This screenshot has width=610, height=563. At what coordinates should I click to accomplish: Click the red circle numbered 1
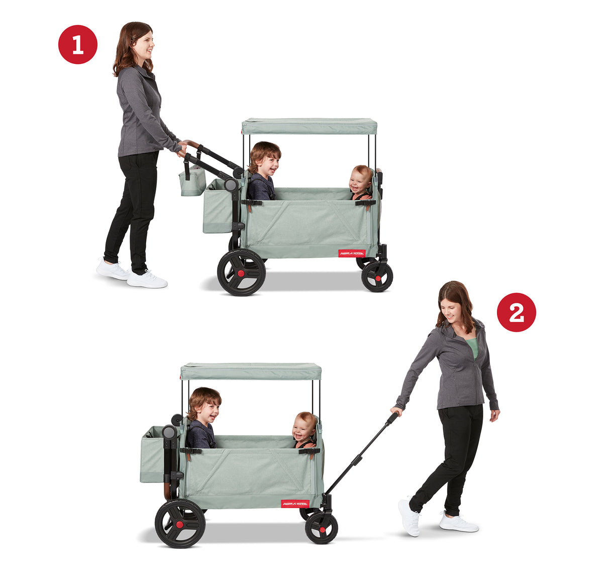pos(78,45)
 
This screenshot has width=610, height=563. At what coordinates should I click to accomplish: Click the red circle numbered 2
pos(516,312)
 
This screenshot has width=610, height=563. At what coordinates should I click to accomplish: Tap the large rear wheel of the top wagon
pos(241,272)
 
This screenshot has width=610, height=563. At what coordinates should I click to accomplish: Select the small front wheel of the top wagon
pos(377,276)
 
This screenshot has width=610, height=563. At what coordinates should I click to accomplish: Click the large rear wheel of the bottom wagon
pos(180,523)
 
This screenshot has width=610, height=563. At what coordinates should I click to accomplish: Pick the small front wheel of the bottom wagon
pos(321,528)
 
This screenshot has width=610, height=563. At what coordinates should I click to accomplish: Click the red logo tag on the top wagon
pos(351,253)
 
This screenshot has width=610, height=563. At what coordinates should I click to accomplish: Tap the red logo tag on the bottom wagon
pos(295,503)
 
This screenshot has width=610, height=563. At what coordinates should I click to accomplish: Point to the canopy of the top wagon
pos(309,126)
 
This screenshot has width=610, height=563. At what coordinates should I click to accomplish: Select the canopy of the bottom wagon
pos(251,371)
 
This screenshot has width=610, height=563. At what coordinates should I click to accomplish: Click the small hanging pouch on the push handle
pos(192,181)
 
